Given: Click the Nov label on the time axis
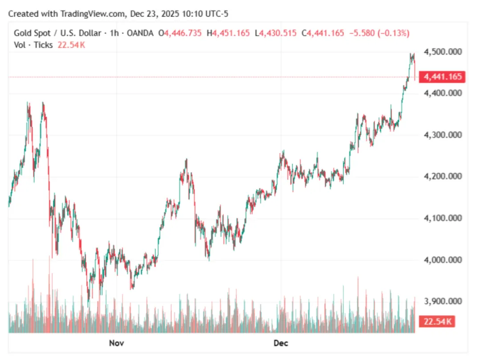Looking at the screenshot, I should click(116, 343).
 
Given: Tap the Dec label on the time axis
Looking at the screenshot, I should click(281, 343).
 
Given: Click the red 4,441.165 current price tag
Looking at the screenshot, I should click(443, 77).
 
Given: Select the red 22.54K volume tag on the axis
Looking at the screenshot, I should click(437, 321).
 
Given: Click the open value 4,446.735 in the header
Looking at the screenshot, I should click(183, 33).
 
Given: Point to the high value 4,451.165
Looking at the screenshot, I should click(231, 33).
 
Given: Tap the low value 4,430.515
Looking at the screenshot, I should click(278, 33).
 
